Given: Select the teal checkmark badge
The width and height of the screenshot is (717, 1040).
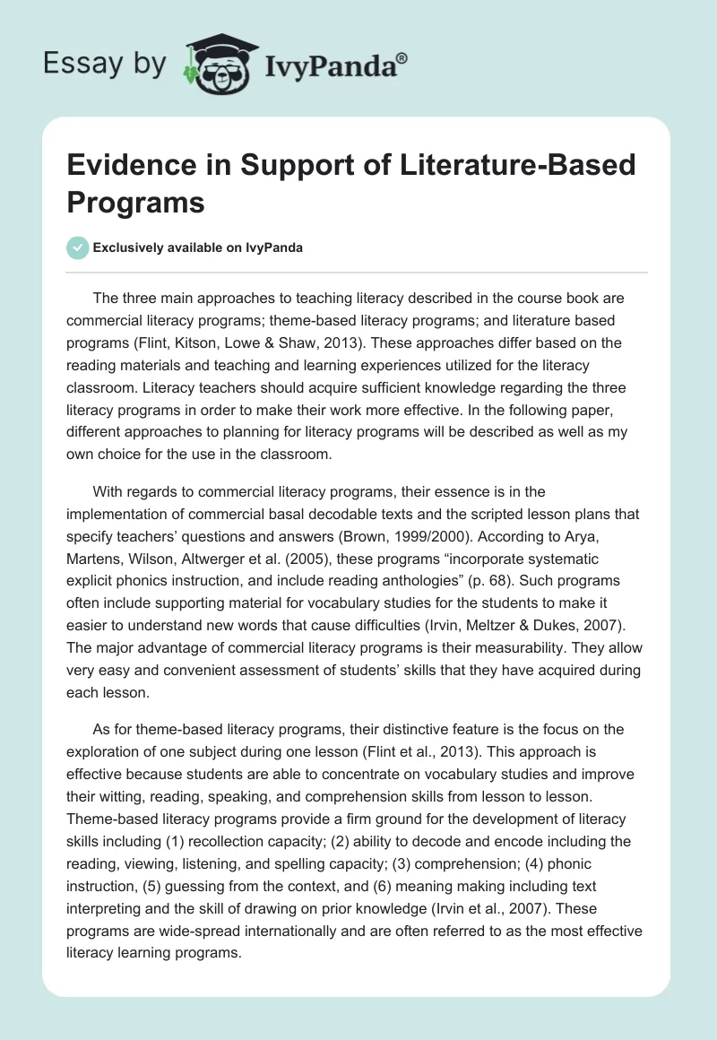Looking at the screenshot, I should [78, 247].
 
